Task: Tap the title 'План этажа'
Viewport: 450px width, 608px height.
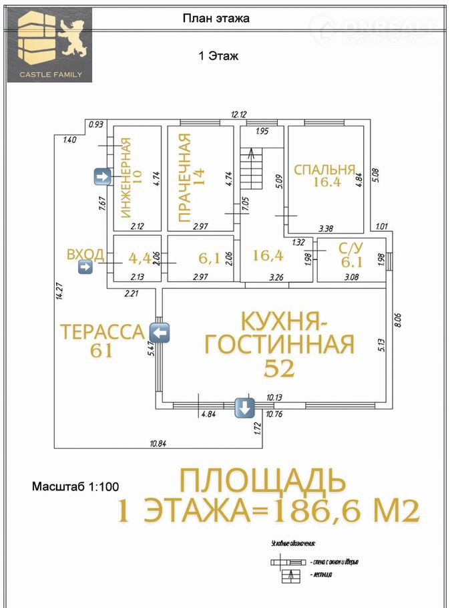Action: pyautogui.click(x=216, y=19)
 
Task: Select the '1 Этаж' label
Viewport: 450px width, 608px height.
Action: pyautogui.click(x=218, y=57)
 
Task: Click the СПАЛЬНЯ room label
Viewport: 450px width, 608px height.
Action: pyautogui.click(x=324, y=169)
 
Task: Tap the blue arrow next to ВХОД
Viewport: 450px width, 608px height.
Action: pyautogui.click(x=85, y=267)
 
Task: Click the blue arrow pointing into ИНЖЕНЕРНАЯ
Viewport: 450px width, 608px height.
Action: pyautogui.click(x=102, y=176)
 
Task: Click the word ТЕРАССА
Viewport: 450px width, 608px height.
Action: pyautogui.click(x=101, y=331)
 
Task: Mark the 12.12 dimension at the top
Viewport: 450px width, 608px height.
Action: pyautogui.click(x=239, y=114)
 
